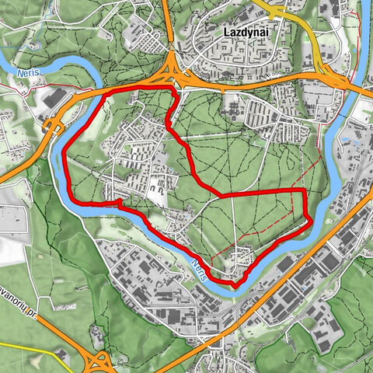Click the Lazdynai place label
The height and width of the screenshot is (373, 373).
pos(245,33)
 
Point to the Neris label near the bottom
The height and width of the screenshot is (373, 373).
pos(200,269)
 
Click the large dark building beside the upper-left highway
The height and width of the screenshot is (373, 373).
pos(54,100)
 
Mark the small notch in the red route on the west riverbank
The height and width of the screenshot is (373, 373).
pos(118,204)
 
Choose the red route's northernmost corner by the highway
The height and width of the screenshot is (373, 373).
pos(173,92)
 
